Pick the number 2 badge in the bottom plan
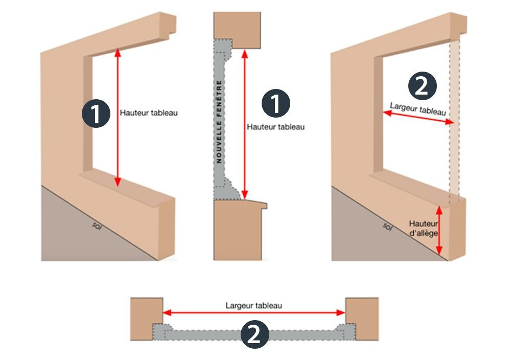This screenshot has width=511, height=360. click(254, 334)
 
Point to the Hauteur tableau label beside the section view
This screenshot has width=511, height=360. click(275, 127)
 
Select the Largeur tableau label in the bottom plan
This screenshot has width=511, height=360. click(254, 306)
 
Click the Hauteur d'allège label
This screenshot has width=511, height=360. click(422, 228)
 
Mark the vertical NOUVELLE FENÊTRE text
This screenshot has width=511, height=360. click(219, 122)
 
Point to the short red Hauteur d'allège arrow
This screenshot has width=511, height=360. click(439, 230)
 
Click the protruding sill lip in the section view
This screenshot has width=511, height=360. click(262, 205)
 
